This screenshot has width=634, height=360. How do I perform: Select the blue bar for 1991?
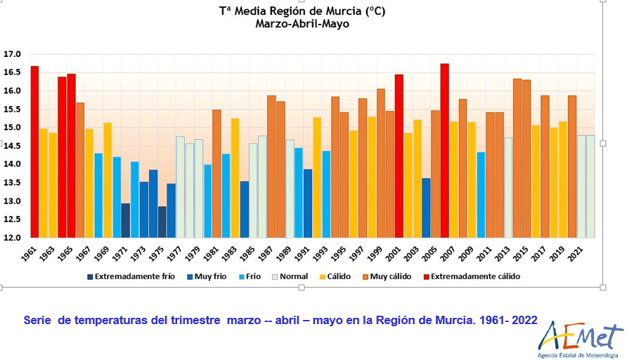pyautogui.click(x=308, y=203)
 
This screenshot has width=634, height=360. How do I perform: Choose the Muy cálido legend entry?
pyautogui.click(x=387, y=276)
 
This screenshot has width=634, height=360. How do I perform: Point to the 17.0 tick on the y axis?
pyautogui.click(x=13, y=54)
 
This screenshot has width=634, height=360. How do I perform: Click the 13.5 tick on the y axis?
pyautogui.click(x=13, y=183)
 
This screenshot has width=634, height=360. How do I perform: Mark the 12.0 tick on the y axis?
pyautogui.click(x=13, y=238)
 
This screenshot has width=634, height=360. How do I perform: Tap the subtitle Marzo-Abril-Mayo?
pyautogui.click(x=302, y=24)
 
